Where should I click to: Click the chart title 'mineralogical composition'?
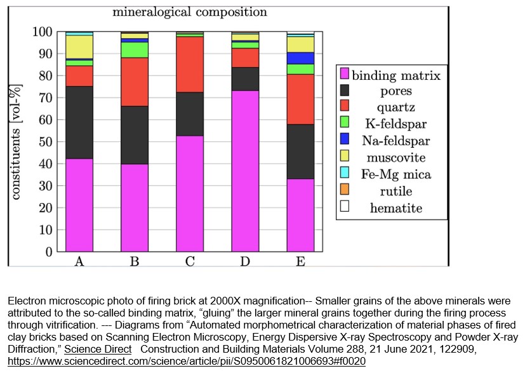coord(190,12)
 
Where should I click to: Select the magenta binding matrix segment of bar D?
coord(245,171)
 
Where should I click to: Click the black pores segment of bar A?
coord(79,122)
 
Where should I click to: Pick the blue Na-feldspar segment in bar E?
coord(300,58)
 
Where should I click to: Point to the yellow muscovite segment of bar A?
coord(79,46)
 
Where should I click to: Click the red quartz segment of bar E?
coord(300,99)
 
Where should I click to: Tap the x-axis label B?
coord(135,261)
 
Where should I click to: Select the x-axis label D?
coord(245,261)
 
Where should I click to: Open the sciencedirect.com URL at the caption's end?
coord(187,361)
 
